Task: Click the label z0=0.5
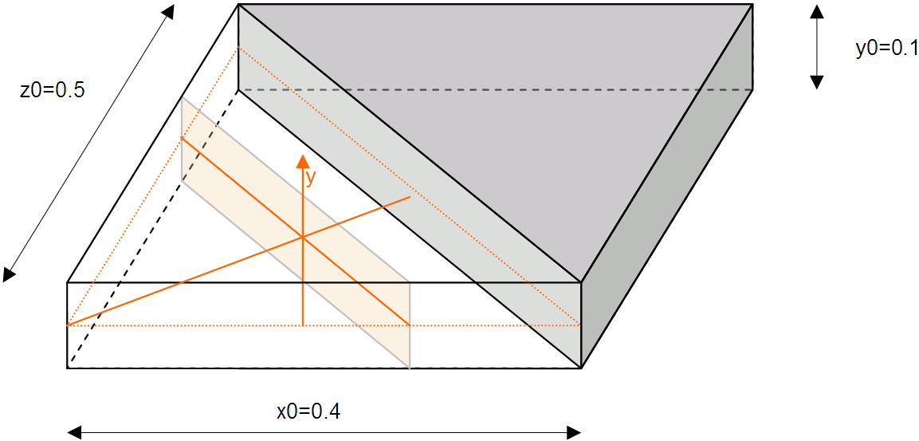pos(52,90)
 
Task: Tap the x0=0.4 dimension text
pos(309,411)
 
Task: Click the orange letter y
pos(311,177)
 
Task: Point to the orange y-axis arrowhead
pos(303,161)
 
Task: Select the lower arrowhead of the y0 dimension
pos(816,81)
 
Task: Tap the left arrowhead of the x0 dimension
pos(75,432)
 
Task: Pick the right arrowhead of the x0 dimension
pos(573,432)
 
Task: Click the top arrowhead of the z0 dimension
pos(168,12)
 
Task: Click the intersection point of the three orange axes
pos(303,237)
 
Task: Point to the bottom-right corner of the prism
pos(581,368)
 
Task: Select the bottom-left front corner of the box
pos(68,368)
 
